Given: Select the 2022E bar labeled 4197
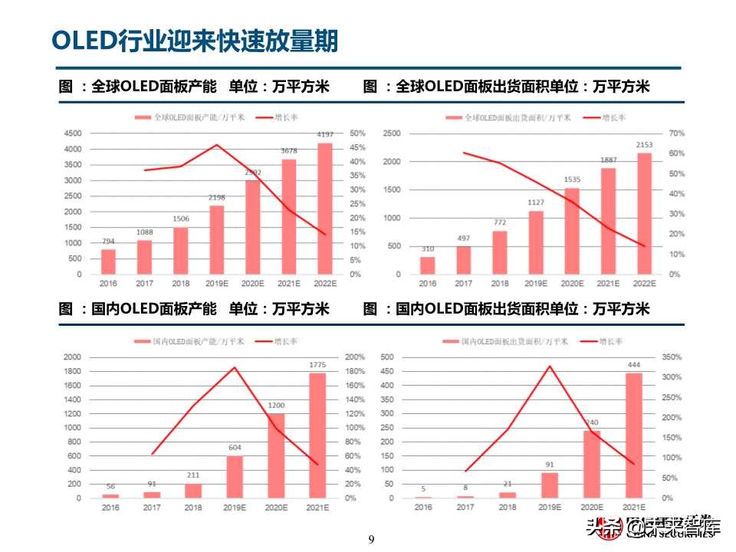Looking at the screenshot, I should (325, 209).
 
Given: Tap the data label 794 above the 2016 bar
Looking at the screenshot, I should (109, 242).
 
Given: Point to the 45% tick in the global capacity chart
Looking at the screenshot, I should (357, 148).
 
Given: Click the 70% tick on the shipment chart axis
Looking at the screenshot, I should (676, 133).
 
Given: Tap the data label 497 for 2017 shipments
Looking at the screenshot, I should (463, 238).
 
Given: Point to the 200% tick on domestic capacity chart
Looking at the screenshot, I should (356, 357).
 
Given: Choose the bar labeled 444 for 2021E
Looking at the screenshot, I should (634, 435).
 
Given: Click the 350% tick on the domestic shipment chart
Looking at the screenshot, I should (672, 357).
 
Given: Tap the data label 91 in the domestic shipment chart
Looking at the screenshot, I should (550, 464).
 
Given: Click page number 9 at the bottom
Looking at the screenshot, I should (371, 540).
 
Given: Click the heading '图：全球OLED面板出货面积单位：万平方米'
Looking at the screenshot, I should (507, 87).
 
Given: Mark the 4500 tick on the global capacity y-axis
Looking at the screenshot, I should (72, 133).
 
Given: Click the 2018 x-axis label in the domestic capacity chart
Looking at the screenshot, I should (192, 508).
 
